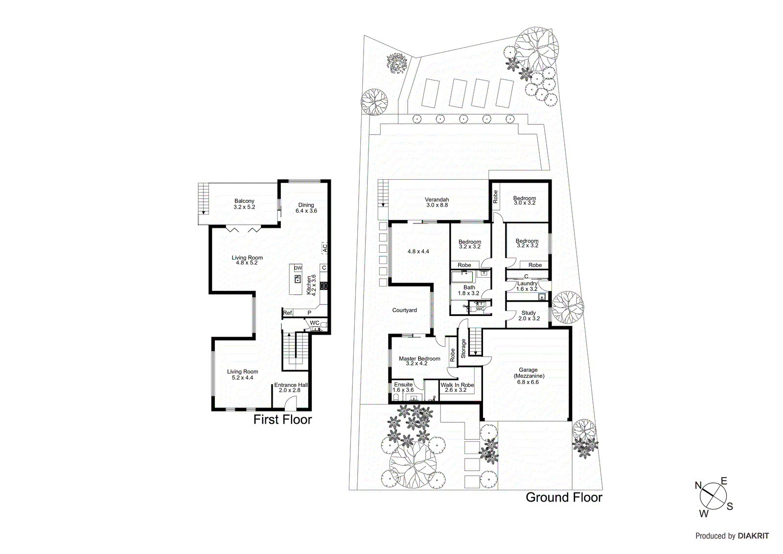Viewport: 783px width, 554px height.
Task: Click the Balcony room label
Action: pos(244,204)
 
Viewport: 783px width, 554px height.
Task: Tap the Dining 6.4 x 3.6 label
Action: pos(306,208)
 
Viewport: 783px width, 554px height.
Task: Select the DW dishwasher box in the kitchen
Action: pos(298,268)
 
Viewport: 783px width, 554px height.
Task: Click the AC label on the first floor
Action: pos(324,248)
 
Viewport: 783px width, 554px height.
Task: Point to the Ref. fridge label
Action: pos(288,313)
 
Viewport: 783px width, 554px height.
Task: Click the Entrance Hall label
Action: pos(291,387)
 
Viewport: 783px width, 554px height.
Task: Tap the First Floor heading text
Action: pos(282,420)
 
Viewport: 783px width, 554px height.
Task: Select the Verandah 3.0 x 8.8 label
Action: pos(437,202)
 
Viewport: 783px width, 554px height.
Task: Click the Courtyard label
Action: pos(405,310)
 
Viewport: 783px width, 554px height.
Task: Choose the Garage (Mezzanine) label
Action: pos(528,376)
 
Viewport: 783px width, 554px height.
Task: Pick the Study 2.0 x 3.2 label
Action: pos(529,315)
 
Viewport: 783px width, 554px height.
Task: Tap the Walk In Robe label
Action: pos(457,387)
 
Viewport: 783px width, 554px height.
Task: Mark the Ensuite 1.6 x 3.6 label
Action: pos(403,387)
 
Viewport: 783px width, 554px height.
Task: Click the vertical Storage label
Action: pos(463,348)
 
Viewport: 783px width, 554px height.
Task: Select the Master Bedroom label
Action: pos(419,361)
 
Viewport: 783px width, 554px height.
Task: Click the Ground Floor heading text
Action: pos(564,498)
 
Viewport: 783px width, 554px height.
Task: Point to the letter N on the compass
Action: pos(699,486)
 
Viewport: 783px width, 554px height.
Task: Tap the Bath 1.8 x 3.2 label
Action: pos(469,290)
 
